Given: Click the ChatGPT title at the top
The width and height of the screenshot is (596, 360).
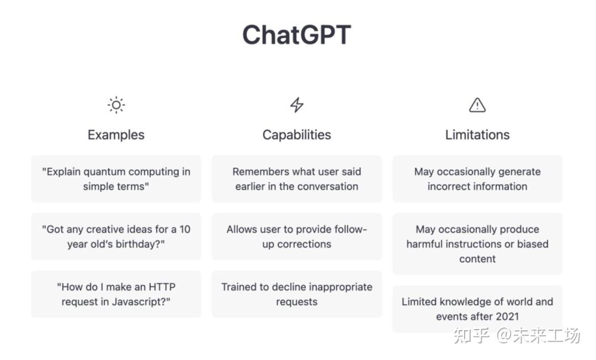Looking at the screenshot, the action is click(296, 35).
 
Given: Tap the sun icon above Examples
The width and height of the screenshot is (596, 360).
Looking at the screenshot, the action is click(116, 105).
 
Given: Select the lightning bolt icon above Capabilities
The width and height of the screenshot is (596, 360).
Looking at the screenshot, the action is click(297, 105).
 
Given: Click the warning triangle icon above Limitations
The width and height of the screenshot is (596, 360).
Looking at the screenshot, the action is click(477, 105).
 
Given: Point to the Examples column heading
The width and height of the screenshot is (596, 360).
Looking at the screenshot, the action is click(116, 135).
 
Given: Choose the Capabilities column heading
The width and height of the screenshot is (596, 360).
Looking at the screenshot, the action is click(297, 135).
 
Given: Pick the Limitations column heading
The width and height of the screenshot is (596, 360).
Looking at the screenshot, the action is click(477, 135).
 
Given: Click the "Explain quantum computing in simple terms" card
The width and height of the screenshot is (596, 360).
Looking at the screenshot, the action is click(116, 179).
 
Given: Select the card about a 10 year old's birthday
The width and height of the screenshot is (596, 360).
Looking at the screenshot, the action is click(116, 236).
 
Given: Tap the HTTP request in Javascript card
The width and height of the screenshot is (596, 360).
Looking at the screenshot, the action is click(116, 294).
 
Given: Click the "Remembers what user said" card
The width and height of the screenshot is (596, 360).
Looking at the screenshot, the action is click(297, 179).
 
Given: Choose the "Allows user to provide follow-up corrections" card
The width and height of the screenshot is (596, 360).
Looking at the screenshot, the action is click(297, 236).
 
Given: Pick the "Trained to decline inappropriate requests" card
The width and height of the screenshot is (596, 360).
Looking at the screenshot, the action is click(297, 294).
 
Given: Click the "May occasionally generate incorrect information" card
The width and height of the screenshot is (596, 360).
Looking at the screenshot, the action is click(477, 179).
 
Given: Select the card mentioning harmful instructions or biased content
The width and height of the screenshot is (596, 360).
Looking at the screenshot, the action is click(477, 243).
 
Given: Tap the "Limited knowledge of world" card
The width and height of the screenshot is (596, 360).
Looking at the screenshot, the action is click(477, 309).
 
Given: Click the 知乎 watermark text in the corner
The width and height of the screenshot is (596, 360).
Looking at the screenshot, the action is click(471, 335).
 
